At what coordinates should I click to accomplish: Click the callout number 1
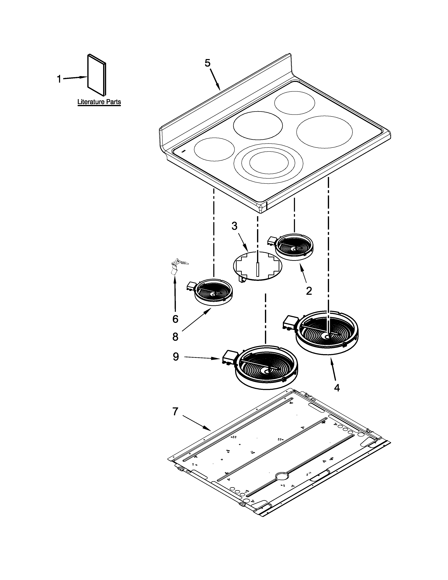pyautogui.click(x=59, y=79)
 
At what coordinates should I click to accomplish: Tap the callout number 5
pyautogui.click(x=207, y=63)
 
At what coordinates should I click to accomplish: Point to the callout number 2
pyautogui.click(x=309, y=291)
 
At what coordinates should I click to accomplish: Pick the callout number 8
pyautogui.click(x=175, y=337)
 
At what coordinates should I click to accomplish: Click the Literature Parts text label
pyautogui.click(x=99, y=102)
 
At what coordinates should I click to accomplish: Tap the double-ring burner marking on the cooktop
pyautogui.click(x=269, y=163)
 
